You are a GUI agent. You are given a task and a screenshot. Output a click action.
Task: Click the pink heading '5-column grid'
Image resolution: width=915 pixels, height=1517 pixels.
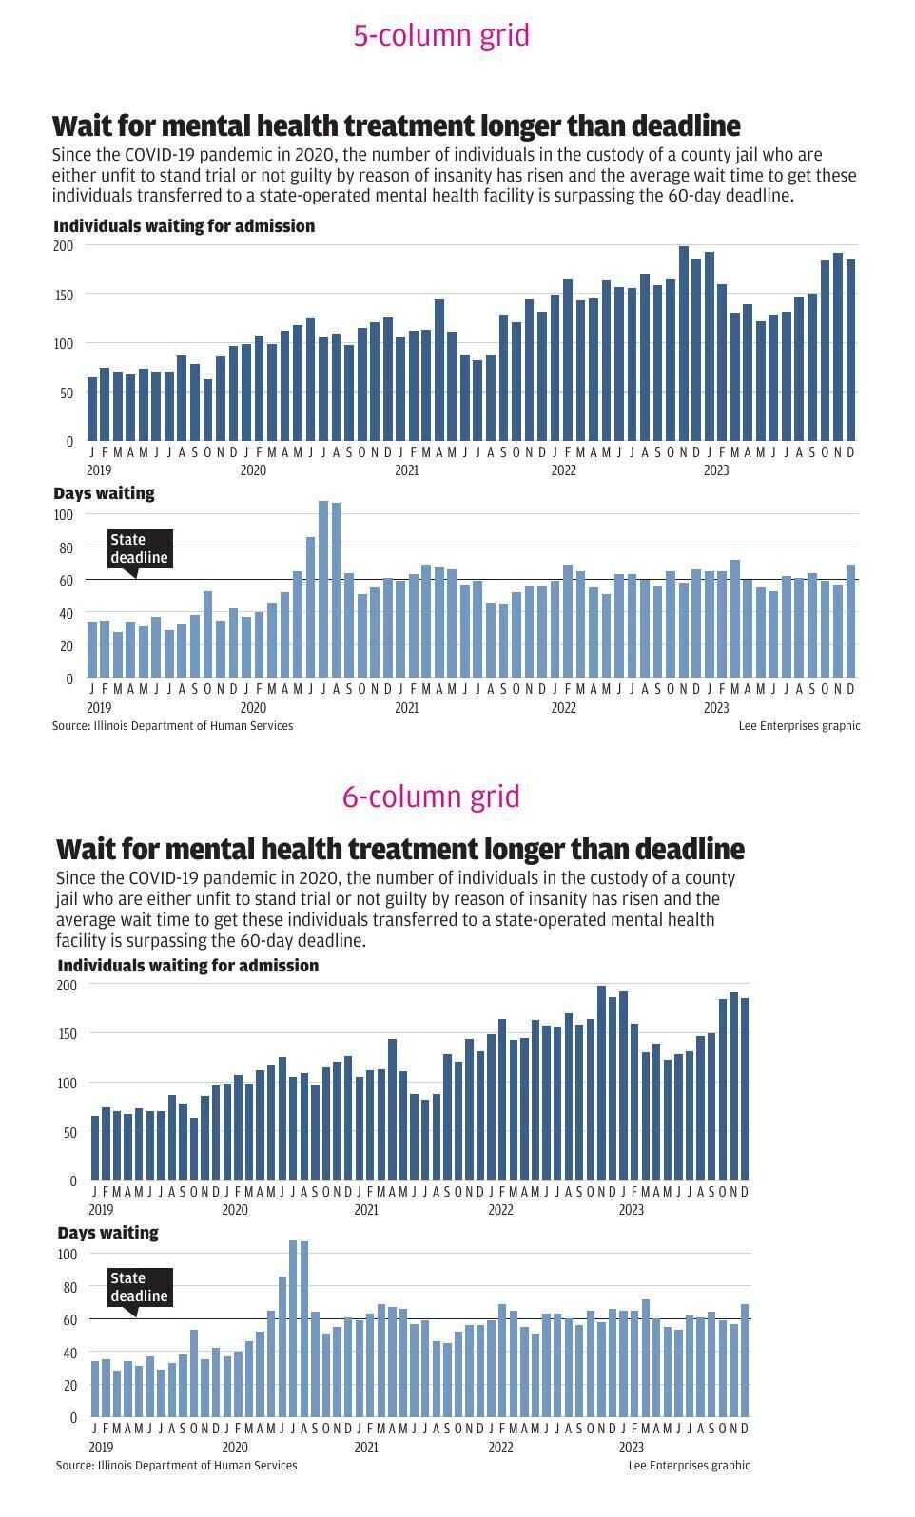[441, 35]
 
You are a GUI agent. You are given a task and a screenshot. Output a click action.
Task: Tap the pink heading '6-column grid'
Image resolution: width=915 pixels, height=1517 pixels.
[431, 797]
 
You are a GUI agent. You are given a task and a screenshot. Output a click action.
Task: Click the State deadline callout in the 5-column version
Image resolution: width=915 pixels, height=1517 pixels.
[139, 548]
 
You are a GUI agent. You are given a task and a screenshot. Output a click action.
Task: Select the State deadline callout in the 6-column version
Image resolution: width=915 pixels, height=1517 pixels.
[139, 1288]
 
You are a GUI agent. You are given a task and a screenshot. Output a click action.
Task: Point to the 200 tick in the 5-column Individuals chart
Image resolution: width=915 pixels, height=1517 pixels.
[63, 246]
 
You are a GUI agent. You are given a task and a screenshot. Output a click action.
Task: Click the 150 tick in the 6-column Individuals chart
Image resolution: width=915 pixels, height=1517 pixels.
[66, 1034]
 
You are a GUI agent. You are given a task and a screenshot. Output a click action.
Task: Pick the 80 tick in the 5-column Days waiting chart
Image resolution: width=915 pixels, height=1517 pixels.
[64, 548]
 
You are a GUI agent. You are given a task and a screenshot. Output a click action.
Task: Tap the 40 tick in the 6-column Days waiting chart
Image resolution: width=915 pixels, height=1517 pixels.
[68, 1353]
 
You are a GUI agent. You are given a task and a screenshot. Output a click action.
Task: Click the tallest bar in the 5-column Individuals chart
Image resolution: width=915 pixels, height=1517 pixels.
[684, 342]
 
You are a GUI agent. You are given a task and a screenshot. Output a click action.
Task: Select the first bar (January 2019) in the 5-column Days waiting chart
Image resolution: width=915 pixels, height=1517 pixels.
[92, 649]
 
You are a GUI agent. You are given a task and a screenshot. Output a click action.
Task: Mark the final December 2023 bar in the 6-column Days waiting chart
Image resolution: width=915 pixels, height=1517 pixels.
[745, 1360]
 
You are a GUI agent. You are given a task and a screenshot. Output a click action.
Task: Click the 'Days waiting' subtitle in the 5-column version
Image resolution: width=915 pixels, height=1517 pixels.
[104, 493]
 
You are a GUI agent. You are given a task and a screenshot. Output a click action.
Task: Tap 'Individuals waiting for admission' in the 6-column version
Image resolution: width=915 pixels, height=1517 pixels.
[187, 966]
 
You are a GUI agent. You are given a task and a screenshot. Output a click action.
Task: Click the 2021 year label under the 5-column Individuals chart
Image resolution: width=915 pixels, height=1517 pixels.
[406, 470]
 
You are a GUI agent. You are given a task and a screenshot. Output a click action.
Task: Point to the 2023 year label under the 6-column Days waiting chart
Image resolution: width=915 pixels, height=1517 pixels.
[631, 1448]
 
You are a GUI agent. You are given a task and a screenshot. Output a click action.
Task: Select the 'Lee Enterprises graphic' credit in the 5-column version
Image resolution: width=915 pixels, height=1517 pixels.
[799, 726]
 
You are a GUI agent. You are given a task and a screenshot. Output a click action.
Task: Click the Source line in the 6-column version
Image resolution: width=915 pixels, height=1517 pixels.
[176, 1466]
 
